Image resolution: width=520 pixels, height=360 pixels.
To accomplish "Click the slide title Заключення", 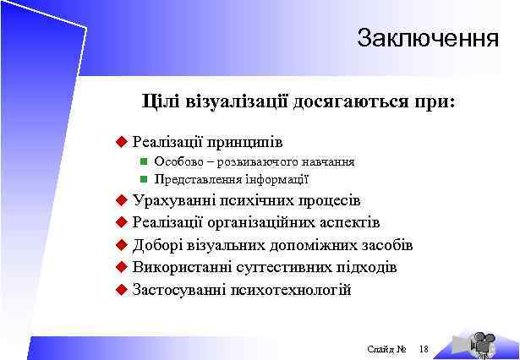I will point(427,39).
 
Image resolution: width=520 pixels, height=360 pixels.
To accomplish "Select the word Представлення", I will point(195,178).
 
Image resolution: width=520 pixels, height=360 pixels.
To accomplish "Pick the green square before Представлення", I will point(144,178).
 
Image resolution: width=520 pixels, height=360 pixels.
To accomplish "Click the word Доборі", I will point(156,246).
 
